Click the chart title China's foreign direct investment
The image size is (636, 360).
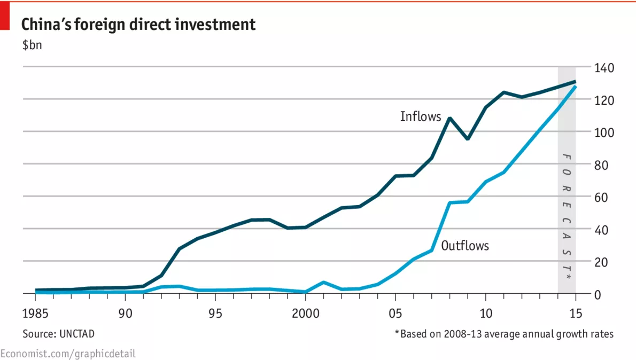[x=138, y=25]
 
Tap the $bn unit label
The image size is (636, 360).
[x=32, y=45]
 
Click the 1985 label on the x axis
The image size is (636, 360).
[x=35, y=312]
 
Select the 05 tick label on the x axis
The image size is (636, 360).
[x=395, y=312]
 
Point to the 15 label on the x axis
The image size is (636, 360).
[x=576, y=312]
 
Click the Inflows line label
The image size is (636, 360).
[x=421, y=116]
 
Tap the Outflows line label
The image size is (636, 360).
[x=465, y=246]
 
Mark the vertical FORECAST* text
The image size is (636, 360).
[x=567, y=217]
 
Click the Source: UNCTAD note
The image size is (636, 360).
[x=59, y=334]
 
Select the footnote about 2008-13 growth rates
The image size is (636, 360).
[x=504, y=334]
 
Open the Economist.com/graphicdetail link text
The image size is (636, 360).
[x=68, y=353]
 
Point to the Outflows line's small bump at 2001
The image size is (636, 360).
[x=323, y=282]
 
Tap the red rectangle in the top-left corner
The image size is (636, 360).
[x=5, y=14]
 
